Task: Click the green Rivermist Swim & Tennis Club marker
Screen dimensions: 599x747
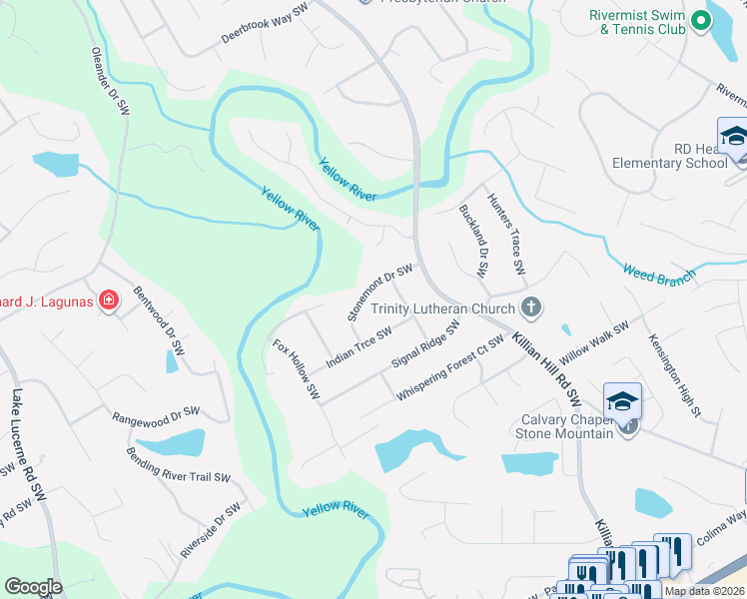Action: (701, 19)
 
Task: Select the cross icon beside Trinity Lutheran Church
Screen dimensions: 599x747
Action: (531, 308)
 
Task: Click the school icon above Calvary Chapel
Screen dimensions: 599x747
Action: (622, 401)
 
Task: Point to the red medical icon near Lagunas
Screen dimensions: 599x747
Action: (110, 300)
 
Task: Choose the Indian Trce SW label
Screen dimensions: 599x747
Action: (358, 345)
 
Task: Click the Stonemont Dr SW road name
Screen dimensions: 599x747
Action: (379, 292)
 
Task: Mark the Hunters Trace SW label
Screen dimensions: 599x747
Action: (505, 236)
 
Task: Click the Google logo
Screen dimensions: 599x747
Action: (33, 587)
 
